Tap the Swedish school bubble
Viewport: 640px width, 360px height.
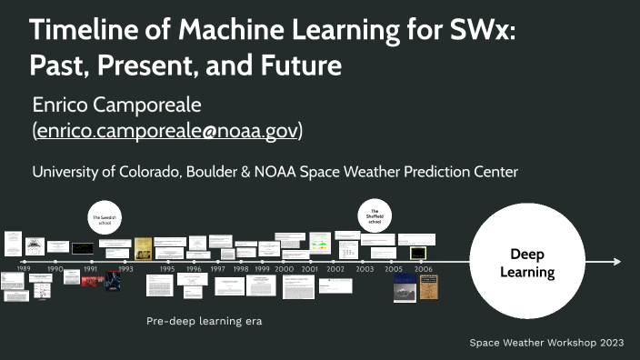(105, 221)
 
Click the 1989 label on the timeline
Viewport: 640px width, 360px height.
(23, 270)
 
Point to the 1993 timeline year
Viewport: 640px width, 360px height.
(125, 270)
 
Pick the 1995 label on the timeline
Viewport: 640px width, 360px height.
(167, 270)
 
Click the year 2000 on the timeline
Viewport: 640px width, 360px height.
(285, 270)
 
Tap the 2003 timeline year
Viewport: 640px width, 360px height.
(365, 270)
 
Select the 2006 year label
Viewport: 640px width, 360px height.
(423, 270)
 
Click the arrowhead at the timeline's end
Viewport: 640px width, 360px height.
(617, 262)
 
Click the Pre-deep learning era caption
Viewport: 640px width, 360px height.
(204, 321)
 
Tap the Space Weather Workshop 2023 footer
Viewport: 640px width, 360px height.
(546, 343)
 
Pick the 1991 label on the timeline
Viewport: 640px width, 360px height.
(91, 270)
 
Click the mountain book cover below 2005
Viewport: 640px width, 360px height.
(405, 292)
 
